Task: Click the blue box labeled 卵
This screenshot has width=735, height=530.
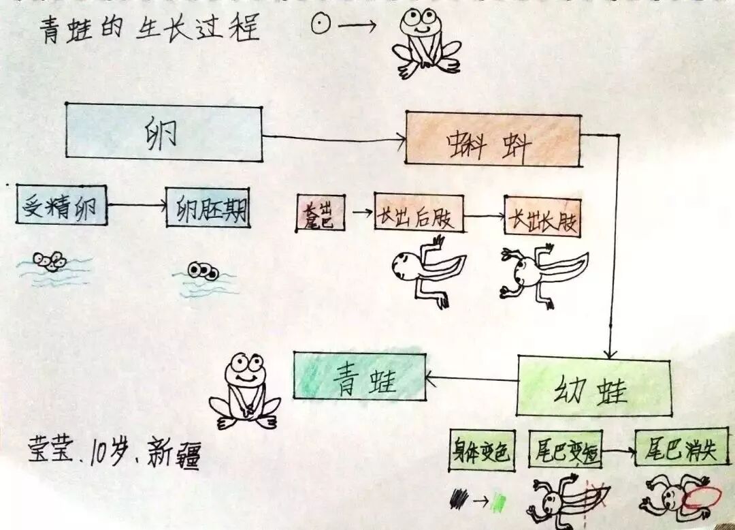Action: point(163,132)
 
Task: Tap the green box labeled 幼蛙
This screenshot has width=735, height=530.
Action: point(593,386)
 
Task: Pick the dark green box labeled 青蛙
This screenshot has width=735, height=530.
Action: point(359,376)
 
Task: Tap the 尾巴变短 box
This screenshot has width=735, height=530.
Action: point(566,450)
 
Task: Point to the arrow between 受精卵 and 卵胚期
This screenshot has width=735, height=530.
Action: point(136,204)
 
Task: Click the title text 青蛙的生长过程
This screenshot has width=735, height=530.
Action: point(150,31)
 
